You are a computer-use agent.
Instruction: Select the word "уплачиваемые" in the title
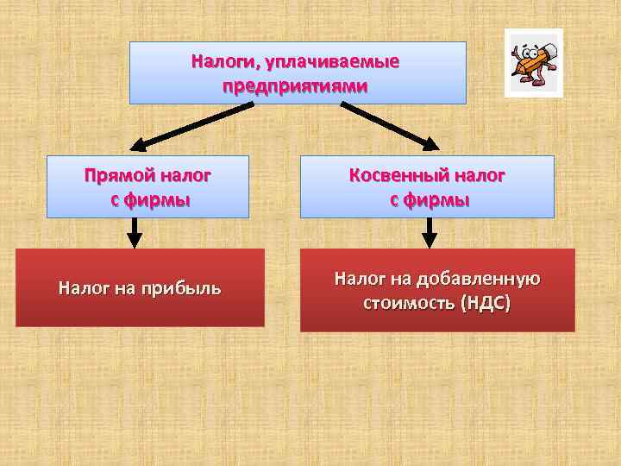point(333,63)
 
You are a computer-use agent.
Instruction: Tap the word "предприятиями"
point(296,87)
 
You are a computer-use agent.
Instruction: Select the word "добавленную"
point(477,279)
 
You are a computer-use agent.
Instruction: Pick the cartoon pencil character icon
point(533,62)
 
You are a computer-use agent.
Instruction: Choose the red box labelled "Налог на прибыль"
point(140,288)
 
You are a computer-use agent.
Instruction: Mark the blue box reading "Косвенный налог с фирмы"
point(427,186)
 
